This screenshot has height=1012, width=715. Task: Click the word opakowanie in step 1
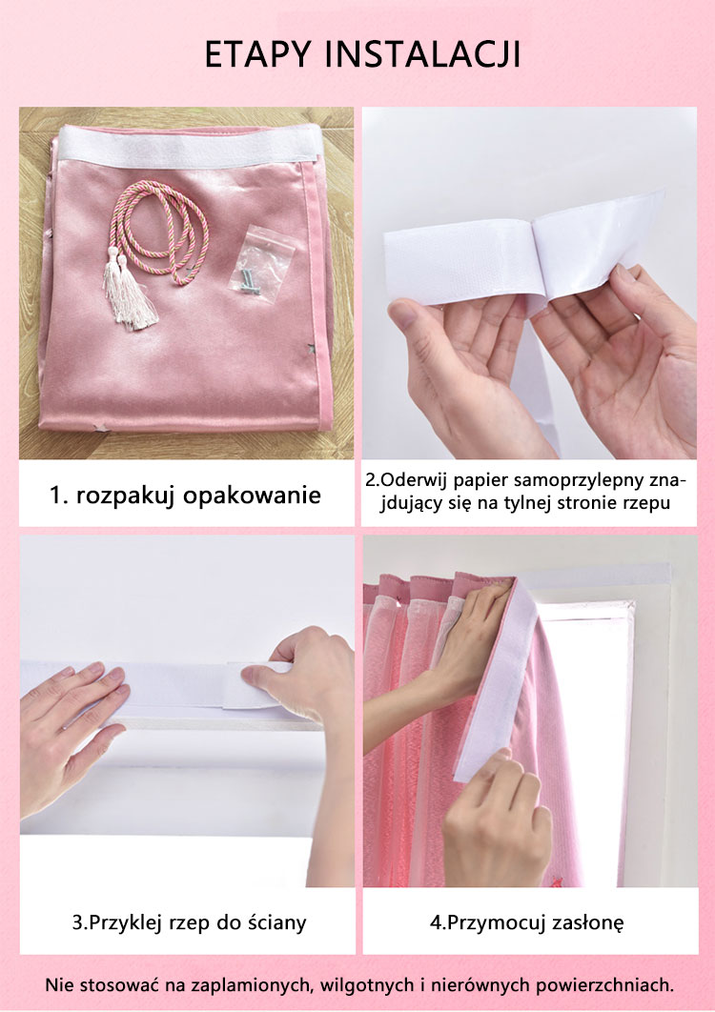(x=252, y=496)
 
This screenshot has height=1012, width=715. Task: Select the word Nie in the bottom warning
(x=55, y=985)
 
